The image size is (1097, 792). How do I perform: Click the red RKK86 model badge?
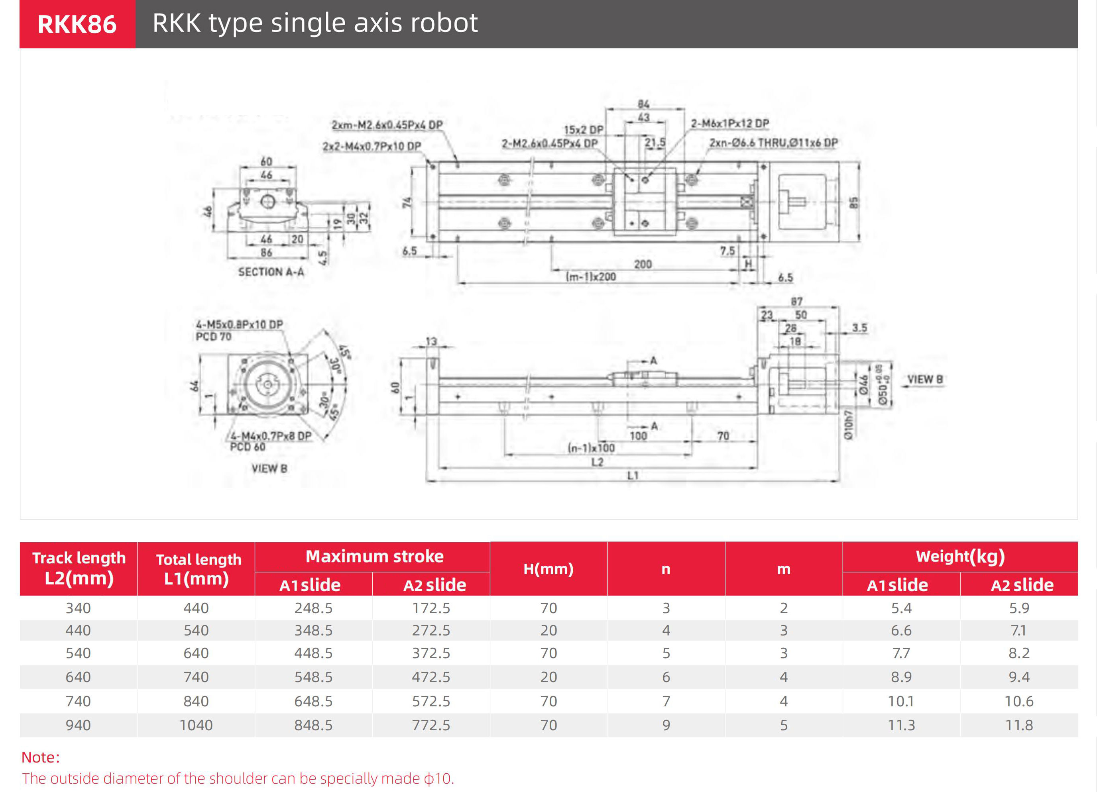pyautogui.click(x=77, y=24)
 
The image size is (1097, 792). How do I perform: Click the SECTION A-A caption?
pyautogui.click(x=271, y=272)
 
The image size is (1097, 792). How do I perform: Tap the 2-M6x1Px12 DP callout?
pyautogui.click(x=729, y=124)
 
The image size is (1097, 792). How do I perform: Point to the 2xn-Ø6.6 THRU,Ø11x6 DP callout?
pyautogui.click(x=773, y=143)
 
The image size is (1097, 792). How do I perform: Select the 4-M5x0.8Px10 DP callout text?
pyautogui.click(x=240, y=324)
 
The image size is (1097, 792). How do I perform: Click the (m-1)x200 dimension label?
pyautogui.click(x=591, y=277)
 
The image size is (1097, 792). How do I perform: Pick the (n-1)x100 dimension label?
pyautogui.click(x=591, y=448)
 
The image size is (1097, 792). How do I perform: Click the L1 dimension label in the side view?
pyautogui.click(x=633, y=476)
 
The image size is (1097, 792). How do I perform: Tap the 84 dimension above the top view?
pyautogui.click(x=643, y=104)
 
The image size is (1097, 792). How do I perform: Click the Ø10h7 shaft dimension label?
pyautogui.click(x=848, y=425)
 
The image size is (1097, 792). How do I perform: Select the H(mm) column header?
pyautogui.click(x=548, y=569)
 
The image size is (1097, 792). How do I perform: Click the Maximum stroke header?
pyautogui.click(x=374, y=557)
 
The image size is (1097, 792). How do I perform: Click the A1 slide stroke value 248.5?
pyautogui.click(x=313, y=608)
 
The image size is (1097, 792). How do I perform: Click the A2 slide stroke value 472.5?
pyautogui.click(x=431, y=677)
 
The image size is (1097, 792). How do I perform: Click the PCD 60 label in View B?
pyautogui.click(x=248, y=447)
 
